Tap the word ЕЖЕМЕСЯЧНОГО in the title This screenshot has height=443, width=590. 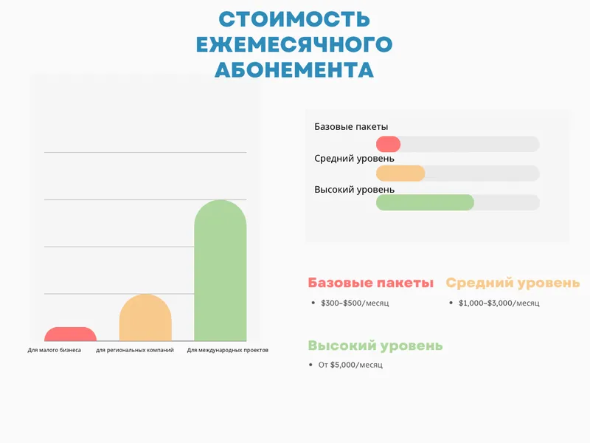(294, 44)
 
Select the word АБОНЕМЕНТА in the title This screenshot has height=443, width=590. (294, 69)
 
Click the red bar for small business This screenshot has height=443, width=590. (70, 334)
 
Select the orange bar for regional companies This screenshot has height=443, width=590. (145, 318)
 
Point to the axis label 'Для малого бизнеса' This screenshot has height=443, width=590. (55, 350)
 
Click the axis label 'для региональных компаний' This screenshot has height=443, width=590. (135, 350)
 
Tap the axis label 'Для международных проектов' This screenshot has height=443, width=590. (228, 350)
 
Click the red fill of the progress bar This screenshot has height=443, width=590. (388, 144)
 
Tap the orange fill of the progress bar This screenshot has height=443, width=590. (400, 174)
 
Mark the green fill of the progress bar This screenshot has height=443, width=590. (425, 202)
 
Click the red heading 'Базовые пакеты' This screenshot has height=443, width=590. (371, 283)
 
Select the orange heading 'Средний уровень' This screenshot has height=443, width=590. (513, 283)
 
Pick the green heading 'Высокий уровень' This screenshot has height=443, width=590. (375, 346)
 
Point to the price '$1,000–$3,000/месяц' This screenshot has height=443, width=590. (499, 303)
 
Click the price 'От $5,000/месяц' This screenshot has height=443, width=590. (350, 365)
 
